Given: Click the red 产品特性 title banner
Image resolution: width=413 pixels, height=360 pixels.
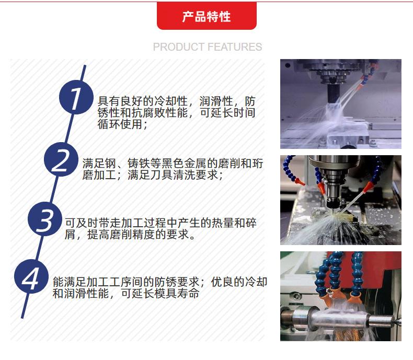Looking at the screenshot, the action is click(x=206, y=16).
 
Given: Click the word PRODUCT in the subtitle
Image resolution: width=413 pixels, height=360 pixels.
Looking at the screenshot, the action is click(x=179, y=47).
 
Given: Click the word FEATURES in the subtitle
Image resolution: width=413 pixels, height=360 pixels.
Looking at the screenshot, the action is click(x=234, y=47).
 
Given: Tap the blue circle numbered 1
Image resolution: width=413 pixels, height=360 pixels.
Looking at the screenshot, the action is click(x=76, y=97).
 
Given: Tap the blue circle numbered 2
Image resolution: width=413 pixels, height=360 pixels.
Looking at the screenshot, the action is click(x=61, y=159).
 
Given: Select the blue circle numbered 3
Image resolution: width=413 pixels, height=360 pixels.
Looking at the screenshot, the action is click(x=45, y=219).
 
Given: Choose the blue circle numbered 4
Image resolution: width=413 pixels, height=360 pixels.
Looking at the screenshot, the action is click(x=31, y=276).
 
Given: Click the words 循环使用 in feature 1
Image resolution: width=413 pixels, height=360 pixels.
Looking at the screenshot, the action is click(x=120, y=124).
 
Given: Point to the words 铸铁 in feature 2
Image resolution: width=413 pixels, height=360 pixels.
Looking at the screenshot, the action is click(x=139, y=164).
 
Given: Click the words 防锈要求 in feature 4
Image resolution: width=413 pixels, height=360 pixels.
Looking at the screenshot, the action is click(x=177, y=282).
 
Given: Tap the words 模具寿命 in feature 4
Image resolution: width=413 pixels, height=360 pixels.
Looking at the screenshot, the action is click(x=177, y=294).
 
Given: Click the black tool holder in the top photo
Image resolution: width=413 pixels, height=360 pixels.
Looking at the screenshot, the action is click(x=334, y=94).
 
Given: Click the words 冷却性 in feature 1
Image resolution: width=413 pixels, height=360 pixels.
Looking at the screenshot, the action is click(x=170, y=101).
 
